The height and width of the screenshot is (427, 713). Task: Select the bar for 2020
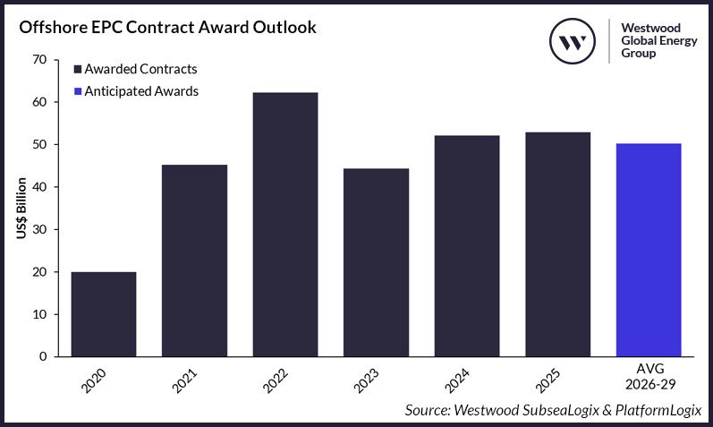[x=104, y=314]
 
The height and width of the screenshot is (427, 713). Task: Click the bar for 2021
[x=194, y=260]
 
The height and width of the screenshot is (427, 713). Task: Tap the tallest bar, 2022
[x=285, y=225]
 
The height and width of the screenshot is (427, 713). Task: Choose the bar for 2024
[x=467, y=246]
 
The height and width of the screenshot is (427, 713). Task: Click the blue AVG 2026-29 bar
[x=649, y=250]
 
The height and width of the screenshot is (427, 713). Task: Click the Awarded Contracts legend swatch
[x=78, y=69]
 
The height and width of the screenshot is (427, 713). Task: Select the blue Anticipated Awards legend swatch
[x=78, y=91]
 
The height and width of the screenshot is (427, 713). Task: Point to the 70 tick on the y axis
[x=39, y=60]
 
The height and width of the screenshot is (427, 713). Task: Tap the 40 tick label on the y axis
[x=39, y=187]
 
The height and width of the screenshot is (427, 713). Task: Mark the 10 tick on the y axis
[x=39, y=314]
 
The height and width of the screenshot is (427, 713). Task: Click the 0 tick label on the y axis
[x=43, y=356]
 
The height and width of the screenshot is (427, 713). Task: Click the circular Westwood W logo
[x=573, y=40]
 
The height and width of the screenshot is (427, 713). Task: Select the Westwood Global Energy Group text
[x=652, y=40]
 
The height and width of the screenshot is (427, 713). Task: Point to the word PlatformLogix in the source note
[x=657, y=410]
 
